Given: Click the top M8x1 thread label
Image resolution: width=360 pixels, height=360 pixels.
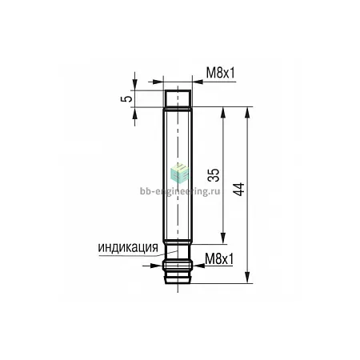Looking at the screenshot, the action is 221,72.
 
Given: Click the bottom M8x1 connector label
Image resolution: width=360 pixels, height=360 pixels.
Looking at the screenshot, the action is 219,258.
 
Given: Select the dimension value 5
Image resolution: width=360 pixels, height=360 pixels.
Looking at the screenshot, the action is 126,98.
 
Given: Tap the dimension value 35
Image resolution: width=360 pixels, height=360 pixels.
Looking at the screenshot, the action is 214,175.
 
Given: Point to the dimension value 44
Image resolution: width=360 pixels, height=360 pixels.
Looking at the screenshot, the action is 238,190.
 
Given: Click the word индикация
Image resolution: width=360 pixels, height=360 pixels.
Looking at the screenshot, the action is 128,248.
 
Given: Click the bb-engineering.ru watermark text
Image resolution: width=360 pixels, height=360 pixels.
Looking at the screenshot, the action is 180,191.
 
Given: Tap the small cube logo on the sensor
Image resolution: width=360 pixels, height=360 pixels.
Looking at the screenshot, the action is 179,173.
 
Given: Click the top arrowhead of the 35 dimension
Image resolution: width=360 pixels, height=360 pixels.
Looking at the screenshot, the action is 223,113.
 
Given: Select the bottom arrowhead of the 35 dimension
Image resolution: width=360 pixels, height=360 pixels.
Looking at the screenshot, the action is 223,238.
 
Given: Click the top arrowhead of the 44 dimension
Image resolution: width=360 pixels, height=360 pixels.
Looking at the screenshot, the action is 248,113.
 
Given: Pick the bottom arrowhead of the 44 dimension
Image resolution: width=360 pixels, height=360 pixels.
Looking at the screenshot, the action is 248,278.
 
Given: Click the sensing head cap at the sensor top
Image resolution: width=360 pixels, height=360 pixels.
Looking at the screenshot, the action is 178,98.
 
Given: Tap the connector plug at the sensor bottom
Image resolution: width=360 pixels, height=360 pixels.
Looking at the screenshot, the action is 178,272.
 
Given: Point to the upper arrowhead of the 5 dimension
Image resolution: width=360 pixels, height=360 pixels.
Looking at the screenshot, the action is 135,85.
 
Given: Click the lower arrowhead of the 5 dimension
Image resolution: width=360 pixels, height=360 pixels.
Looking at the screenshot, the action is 135,113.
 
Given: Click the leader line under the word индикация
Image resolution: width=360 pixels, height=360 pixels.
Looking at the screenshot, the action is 138,254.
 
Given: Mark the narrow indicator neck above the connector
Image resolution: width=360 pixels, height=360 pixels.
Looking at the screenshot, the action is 178,253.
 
